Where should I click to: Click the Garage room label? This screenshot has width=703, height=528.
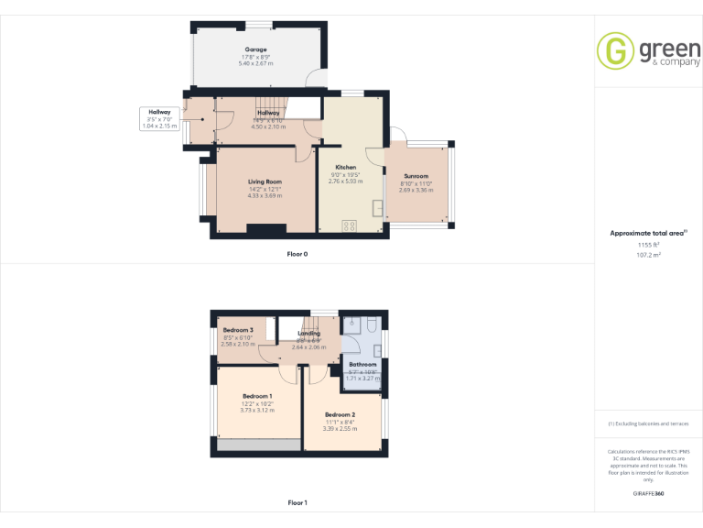tap(255, 49)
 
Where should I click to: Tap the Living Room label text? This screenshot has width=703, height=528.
tap(265, 181)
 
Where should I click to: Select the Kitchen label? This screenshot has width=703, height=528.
tap(345, 167)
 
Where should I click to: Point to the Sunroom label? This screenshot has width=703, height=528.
tap(416, 176)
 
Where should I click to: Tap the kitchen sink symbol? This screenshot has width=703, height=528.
tap(377, 208)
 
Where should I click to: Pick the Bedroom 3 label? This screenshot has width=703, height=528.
tap(237, 330)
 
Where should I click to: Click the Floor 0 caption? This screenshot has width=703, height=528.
tap(297, 254)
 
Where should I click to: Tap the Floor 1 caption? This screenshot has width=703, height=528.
tap(297, 502)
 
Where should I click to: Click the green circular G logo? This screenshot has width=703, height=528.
tap(615, 50)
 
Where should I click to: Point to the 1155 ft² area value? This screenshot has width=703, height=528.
tap(648, 245)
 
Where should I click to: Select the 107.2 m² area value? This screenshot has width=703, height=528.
tap(648, 256)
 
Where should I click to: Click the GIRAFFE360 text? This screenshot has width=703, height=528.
tap(648, 494)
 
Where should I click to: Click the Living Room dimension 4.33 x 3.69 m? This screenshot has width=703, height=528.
tap(265, 196)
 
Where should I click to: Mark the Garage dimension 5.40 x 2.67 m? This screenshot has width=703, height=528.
tap(255, 63)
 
